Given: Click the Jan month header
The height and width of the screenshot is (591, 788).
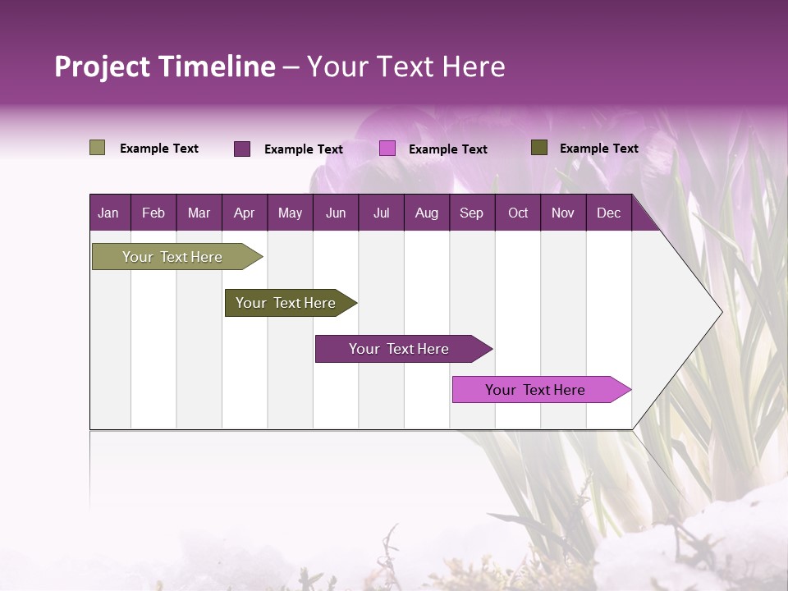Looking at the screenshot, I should (x=109, y=213).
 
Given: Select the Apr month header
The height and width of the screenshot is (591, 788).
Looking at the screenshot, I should (x=245, y=213).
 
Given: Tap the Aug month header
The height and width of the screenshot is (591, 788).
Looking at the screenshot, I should (x=427, y=213).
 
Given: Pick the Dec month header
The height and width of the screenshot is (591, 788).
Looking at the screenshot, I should (x=608, y=213).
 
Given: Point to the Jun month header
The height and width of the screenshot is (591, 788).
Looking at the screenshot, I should (x=336, y=213).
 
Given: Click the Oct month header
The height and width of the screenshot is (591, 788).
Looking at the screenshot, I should (x=518, y=213).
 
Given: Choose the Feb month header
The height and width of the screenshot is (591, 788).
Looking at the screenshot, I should (x=153, y=213).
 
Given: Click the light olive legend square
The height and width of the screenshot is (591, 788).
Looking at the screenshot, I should (x=98, y=148).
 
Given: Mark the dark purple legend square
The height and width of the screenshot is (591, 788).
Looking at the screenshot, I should (x=242, y=149).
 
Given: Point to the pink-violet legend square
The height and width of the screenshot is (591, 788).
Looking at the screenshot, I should (x=387, y=149).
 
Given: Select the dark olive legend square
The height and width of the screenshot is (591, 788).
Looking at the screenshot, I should (x=539, y=148).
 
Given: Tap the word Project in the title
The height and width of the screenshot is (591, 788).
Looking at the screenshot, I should (x=102, y=66).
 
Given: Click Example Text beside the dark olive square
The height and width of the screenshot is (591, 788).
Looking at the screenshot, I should (x=598, y=149).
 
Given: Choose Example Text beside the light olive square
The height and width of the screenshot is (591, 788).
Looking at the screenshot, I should (x=159, y=149).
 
